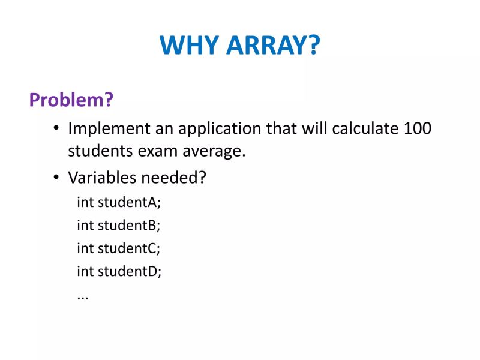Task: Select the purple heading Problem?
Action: pyautogui.click(x=71, y=100)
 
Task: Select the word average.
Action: pyautogui.click(x=218, y=151)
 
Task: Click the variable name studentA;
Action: pyautogui.click(x=130, y=202)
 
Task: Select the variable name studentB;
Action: pyautogui.click(x=130, y=225)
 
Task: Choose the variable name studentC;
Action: pyautogui.click(x=130, y=248)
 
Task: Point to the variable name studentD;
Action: pyautogui.click(x=130, y=271)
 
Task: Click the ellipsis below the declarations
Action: pyautogui.click(x=83, y=296)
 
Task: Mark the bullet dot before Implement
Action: pyautogui.click(x=56, y=130)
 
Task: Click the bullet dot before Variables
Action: pyautogui.click(x=56, y=178)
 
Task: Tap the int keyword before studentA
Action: pyautogui.click(x=85, y=202)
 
